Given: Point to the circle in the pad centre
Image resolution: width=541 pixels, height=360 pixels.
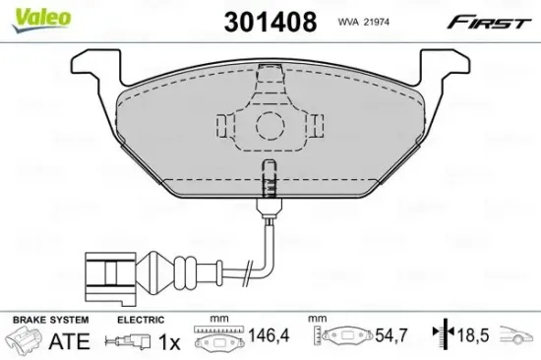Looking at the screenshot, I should [269, 127].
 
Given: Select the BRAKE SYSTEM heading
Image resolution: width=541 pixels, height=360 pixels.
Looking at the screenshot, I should [49, 321].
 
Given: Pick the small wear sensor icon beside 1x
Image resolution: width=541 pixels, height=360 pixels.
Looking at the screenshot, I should [133, 343].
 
